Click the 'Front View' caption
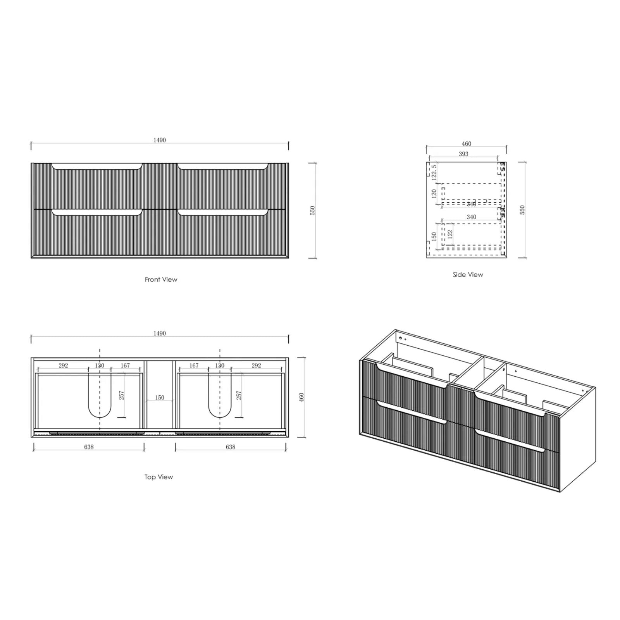tap(161, 279)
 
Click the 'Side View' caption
tap(468, 274)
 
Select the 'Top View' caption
tap(158, 477)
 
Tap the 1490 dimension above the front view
tap(159, 140)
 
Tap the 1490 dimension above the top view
tap(159, 333)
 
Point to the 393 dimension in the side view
tap(463, 154)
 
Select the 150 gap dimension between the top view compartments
tap(159, 398)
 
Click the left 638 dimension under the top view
tap(89, 447)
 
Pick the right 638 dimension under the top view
tap(231, 447)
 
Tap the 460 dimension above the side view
tap(467, 144)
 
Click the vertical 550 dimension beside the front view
tap(313, 210)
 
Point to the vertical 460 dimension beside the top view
tap(301, 397)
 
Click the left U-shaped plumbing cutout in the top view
tap(100, 399)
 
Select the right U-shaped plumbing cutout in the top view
tap(220, 399)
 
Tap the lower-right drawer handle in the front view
tap(223, 213)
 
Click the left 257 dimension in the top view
tap(122, 395)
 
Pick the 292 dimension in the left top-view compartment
tap(63, 365)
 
